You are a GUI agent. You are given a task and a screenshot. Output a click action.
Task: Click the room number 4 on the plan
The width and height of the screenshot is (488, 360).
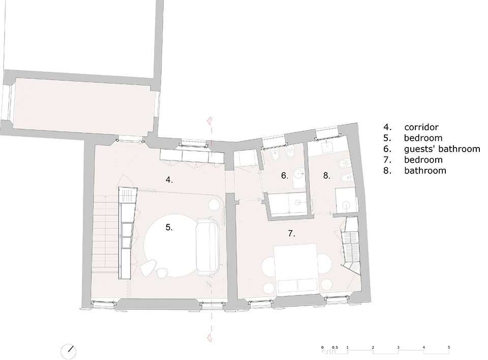169,180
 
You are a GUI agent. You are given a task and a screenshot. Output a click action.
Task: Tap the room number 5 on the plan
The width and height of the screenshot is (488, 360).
169,228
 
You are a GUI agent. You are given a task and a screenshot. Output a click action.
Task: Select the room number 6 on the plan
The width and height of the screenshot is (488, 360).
285,175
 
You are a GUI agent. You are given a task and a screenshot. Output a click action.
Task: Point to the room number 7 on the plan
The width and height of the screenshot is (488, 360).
291,233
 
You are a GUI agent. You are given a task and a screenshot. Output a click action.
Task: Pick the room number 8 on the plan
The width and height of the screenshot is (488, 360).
326,175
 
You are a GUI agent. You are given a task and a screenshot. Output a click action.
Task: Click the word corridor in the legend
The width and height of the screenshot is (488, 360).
421,127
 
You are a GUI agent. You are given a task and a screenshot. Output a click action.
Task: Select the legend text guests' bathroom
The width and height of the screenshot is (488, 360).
442,149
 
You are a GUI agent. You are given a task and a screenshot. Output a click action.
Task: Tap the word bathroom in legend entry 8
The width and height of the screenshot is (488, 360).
425,171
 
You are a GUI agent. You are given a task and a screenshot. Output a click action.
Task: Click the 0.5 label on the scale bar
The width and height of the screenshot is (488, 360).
335,348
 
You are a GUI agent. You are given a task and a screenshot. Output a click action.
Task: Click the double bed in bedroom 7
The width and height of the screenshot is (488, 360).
295,268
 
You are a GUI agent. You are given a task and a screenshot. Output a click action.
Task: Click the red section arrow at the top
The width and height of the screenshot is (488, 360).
210,120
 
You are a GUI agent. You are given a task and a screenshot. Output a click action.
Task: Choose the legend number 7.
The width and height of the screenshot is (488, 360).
387,160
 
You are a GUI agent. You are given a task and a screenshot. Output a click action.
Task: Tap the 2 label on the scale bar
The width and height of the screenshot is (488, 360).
373,348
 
